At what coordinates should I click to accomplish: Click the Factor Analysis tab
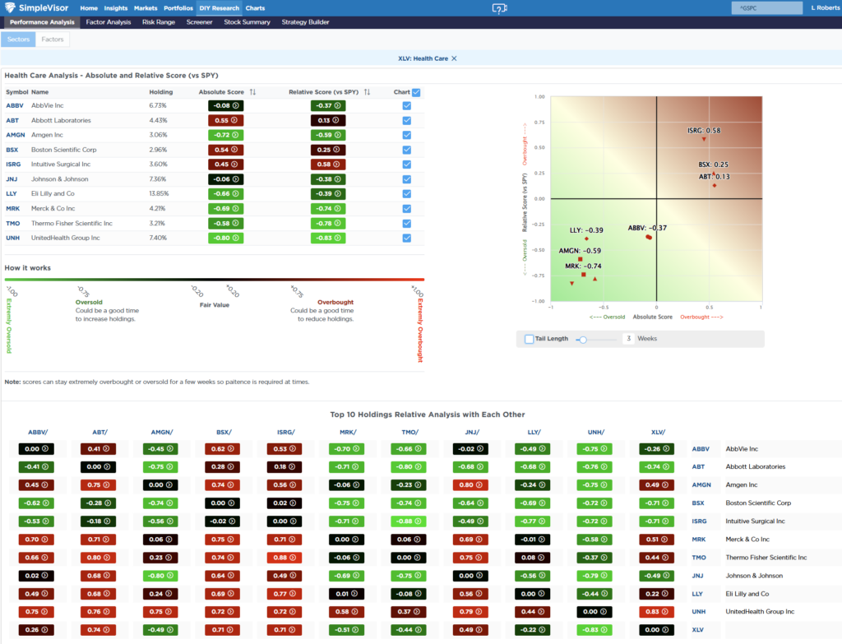108,22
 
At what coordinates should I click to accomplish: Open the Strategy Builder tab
305,22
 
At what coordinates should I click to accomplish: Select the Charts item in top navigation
255,7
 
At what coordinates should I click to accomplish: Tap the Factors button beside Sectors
53,39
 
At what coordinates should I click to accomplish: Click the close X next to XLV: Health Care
454,58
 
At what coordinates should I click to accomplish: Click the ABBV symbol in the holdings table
15,105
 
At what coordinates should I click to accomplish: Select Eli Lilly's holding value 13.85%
158,193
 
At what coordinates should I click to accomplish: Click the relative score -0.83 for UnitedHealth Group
327,238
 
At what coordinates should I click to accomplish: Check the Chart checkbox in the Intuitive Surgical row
407,164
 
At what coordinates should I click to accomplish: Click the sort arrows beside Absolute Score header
252,92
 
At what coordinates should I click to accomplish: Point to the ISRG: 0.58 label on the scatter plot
704,131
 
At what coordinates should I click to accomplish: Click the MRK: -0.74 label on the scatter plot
583,266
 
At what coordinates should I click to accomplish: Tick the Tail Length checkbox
529,339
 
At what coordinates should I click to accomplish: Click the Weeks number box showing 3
628,339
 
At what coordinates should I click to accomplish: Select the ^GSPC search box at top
766,7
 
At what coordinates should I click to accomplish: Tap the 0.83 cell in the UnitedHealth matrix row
654,612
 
